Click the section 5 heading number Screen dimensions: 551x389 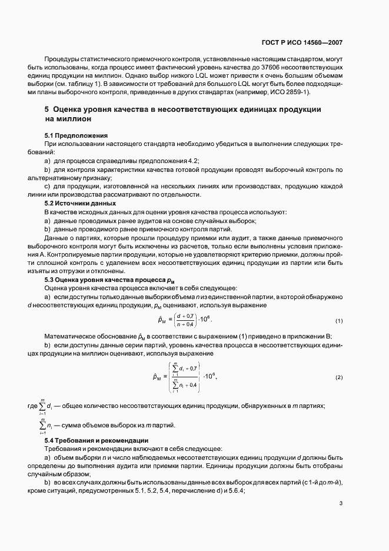[47, 109]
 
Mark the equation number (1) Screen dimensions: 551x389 [339, 321]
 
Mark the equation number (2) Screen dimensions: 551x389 [339, 377]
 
